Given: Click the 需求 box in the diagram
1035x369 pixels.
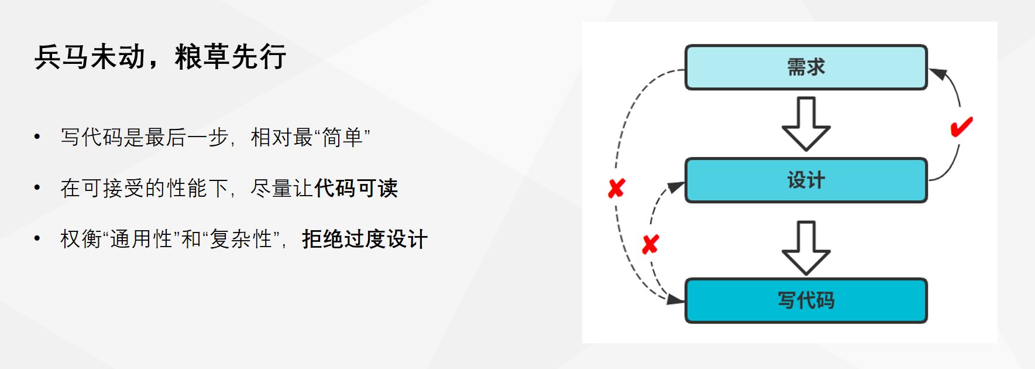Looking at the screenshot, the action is click(806, 67).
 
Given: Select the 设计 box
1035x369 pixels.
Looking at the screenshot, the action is click(806, 180).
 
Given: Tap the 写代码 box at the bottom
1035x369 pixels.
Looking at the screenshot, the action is click(806, 300).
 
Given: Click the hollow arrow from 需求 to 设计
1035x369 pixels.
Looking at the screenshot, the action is click(806, 124).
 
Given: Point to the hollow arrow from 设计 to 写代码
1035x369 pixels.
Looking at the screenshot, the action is click(806, 248).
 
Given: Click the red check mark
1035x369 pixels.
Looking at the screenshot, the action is click(961, 127).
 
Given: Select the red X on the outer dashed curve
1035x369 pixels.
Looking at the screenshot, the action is click(617, 189).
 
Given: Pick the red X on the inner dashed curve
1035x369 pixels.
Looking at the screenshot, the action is click(650, 244).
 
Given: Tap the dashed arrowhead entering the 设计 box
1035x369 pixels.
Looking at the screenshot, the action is click(676, 187).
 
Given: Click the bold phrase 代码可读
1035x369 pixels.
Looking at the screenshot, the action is click(356, 189).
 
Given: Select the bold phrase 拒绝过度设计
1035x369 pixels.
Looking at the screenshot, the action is click(365, 240).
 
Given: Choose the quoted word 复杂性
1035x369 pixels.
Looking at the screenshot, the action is click(241, 240).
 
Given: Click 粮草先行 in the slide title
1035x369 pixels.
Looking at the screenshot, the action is click(231, 57).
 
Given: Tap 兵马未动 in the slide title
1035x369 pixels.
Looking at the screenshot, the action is click(90, 57).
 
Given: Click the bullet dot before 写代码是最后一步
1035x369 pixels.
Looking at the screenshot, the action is click(37, 138).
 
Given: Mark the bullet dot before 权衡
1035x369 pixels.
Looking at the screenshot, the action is click(37, 239).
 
